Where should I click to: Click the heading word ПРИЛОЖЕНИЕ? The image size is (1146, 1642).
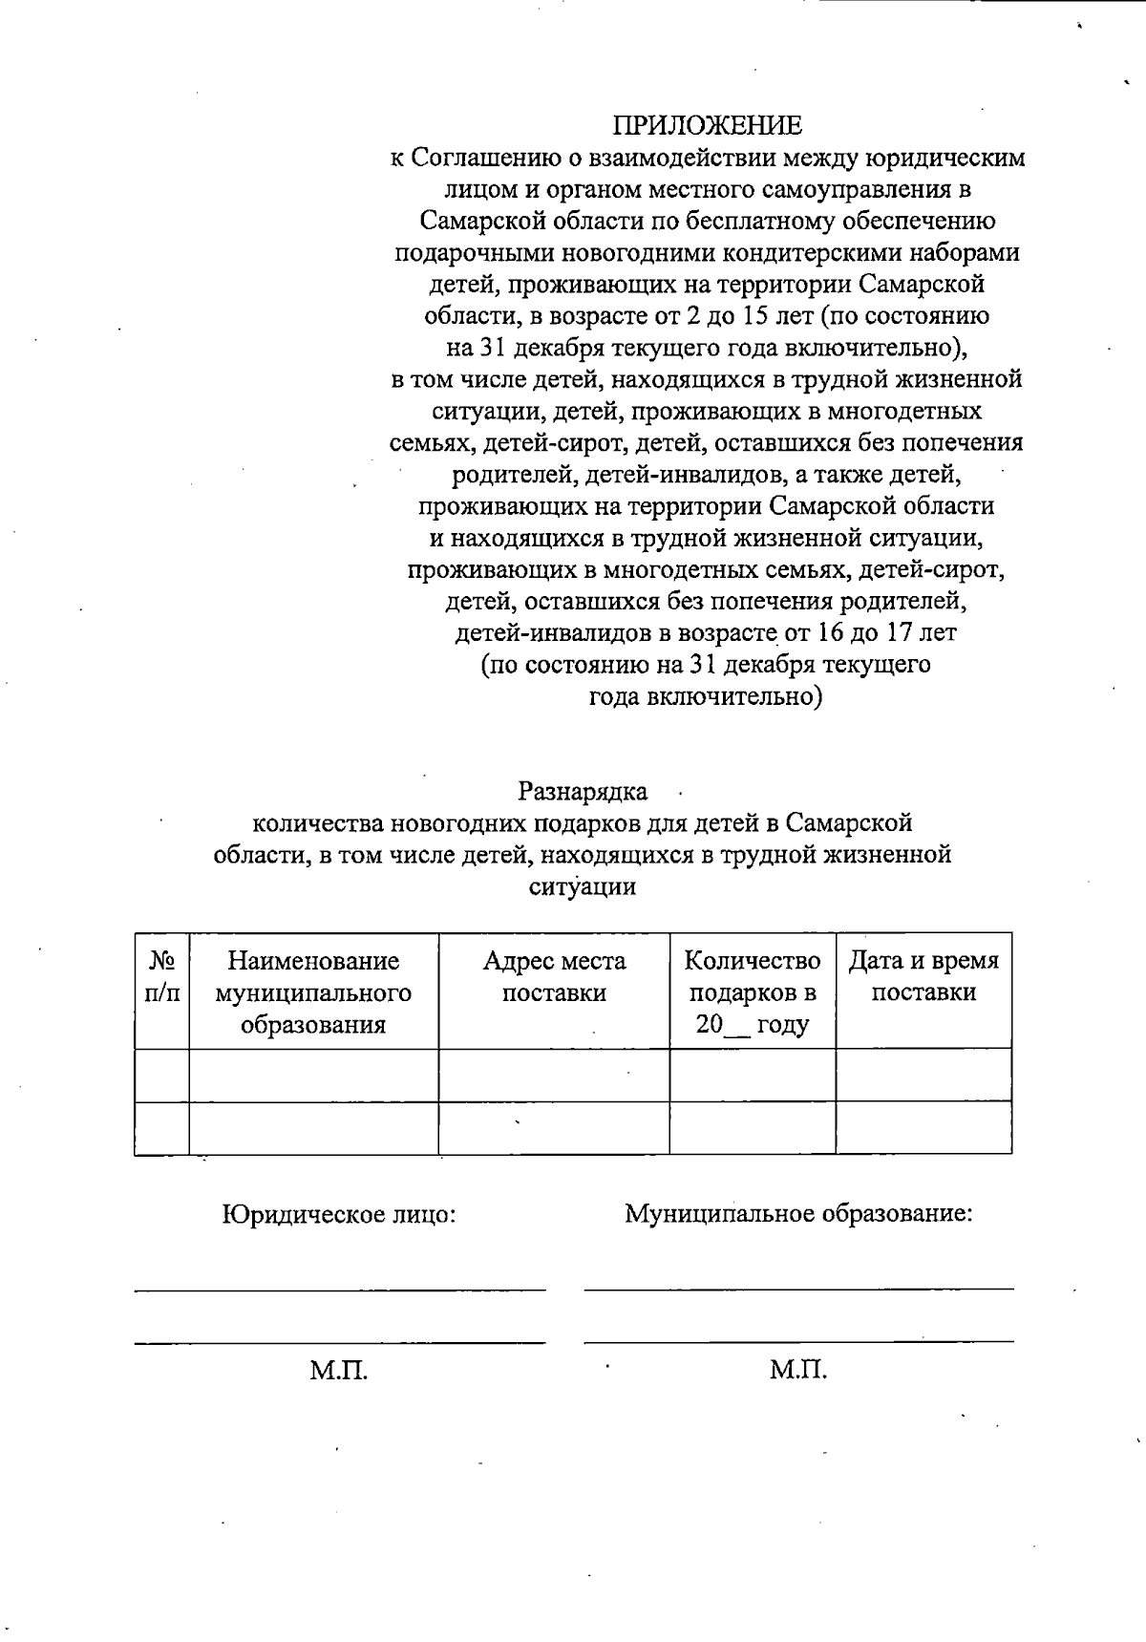(x=707, y=125)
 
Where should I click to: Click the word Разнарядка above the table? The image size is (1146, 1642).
(x=583, y=792)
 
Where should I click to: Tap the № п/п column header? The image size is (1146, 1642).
(x=161, y=975)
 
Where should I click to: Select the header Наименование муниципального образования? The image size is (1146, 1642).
(x=313, y=992)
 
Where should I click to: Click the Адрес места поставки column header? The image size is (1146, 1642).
(x=554, y=976)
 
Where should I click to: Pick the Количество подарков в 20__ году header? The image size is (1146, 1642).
(x=753, y=992)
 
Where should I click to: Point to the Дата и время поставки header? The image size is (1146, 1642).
(x=923, y=976)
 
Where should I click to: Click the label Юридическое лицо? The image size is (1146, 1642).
(x=338, y=1215)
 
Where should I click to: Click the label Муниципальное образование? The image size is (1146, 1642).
(x=798, y=1214)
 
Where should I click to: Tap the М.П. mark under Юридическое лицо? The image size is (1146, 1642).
(x=338, y=1372)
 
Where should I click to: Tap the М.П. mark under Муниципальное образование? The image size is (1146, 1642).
(x=798, y=1371)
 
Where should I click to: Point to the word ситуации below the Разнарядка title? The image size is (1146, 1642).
(x=583, y=886)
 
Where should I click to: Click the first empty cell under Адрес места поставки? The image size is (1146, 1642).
(x=554, y=1075)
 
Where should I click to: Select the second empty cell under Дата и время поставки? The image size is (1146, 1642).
(x=923, y=1128)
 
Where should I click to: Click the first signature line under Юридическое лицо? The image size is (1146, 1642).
(x=340, y=1290)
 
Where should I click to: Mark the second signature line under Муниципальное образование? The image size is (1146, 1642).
(x=798, y=1341)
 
